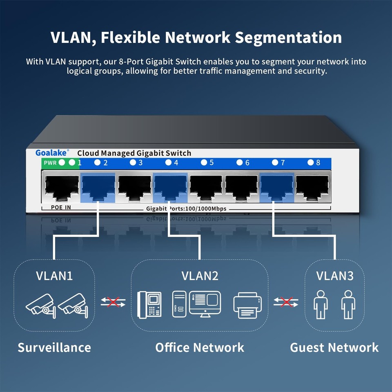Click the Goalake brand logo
click(52, 153)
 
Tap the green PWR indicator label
click(50, 163)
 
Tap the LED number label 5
click(211, 163)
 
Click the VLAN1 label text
click(54, 276)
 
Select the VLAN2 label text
click(200, 276)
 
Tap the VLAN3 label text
click(335, 276)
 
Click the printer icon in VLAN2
click(246, 305)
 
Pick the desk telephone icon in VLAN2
click(149, 304)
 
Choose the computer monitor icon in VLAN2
click(205, 303)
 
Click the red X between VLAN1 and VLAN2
click(113, 302)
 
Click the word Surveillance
click(54, 347)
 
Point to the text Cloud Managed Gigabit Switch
click(134, 153)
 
